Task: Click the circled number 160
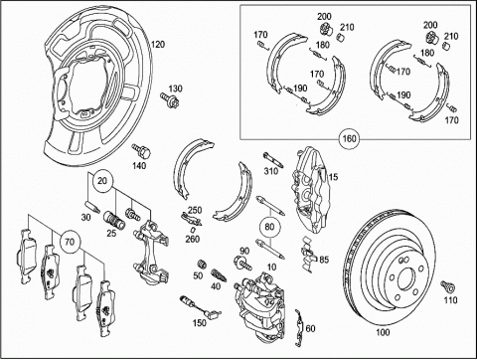350,138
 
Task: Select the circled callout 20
102,181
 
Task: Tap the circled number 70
70,242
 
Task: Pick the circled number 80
270,227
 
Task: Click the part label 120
158,44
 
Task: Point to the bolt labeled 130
169,99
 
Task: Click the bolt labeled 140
141,151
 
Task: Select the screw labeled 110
447,286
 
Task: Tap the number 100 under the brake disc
383,332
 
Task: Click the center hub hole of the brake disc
406,280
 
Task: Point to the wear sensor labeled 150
201,307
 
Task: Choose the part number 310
271,171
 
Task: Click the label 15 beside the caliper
333,177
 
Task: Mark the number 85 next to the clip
324,260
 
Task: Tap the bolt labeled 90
242,263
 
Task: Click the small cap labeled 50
201,265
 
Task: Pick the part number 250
195,210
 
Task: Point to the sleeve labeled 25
114,220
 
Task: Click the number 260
192,239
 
